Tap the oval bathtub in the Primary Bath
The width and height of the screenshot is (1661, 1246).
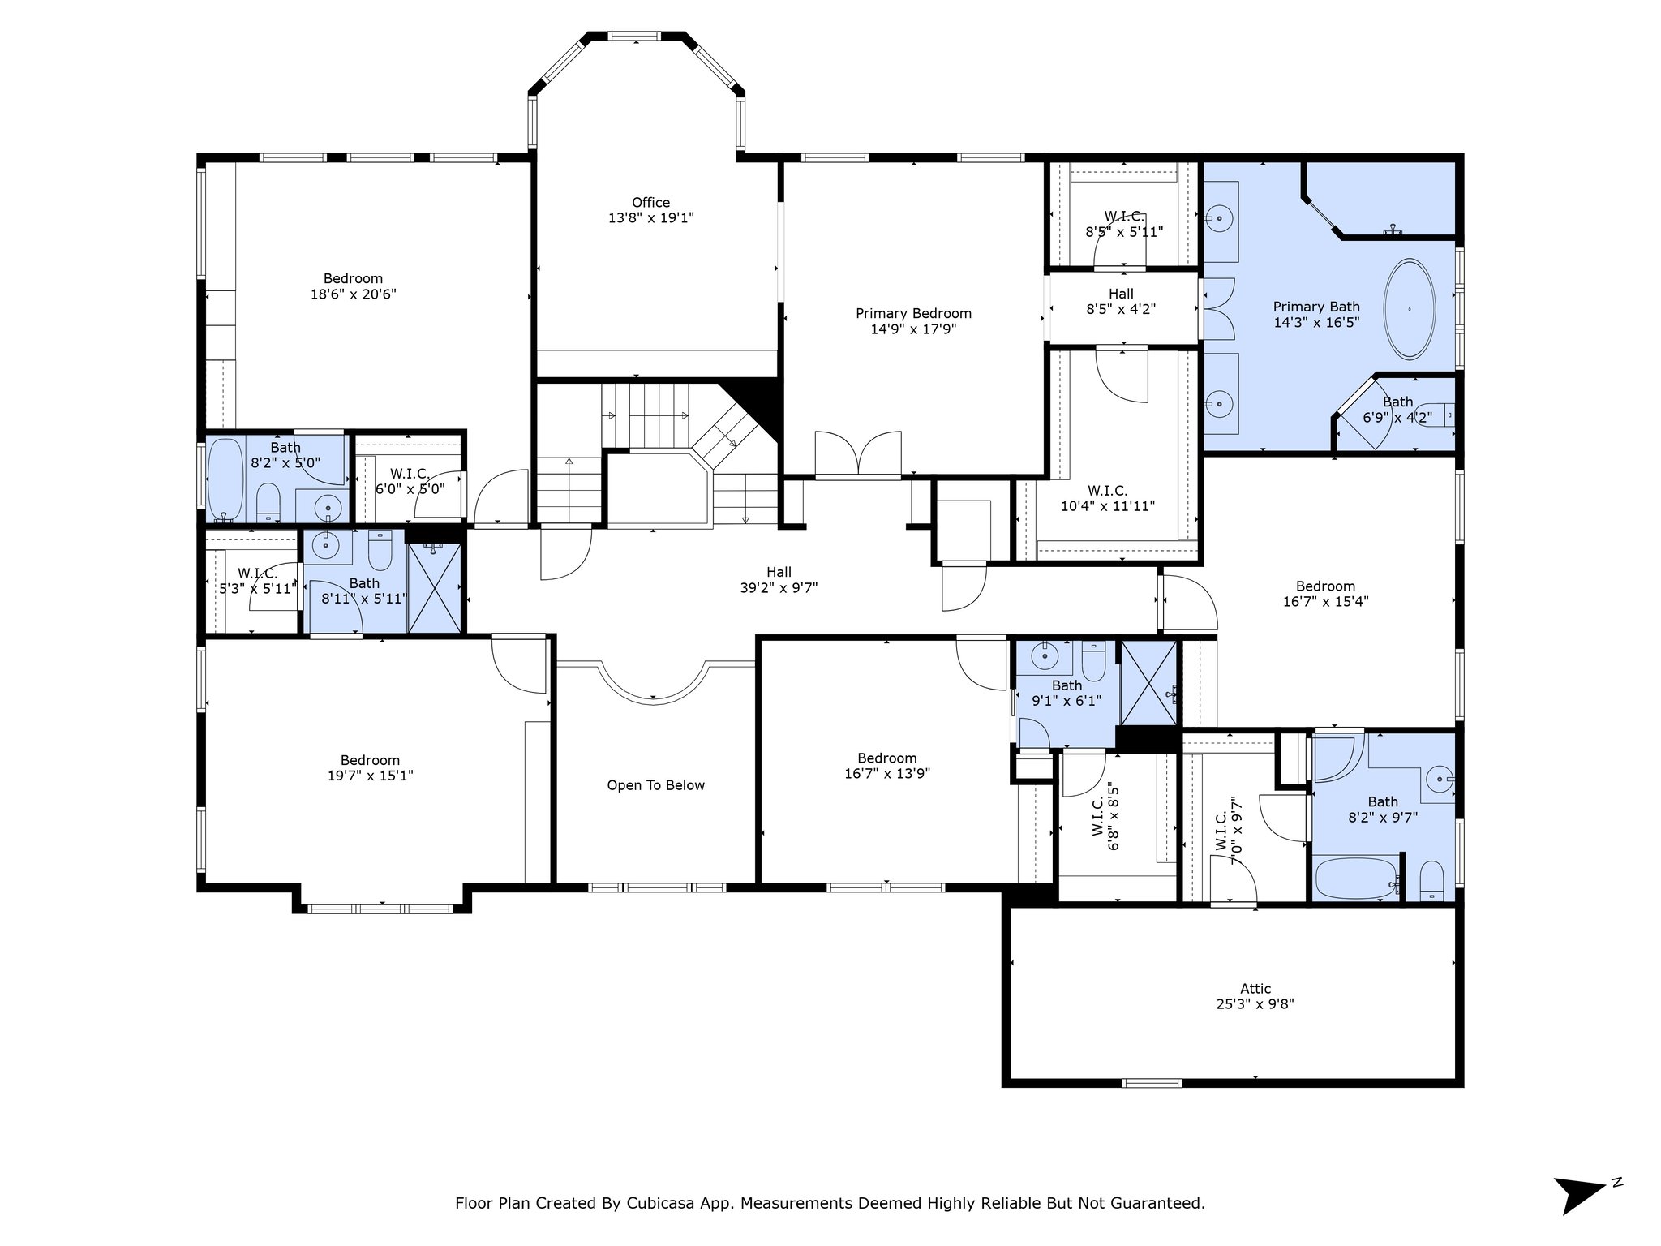(x=1409, y=309)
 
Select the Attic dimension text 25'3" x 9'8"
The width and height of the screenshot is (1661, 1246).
(x=1255, y=1003)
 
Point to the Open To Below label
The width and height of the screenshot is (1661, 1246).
(x=655, y=785)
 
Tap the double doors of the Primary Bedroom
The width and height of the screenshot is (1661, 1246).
(x=858, y=453)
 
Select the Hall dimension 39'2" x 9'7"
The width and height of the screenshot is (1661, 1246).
(x=779, y=588)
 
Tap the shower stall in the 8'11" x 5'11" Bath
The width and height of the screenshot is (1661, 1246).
(x=434, y=587)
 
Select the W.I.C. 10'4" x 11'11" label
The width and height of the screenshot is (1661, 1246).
(x=1108, y=498)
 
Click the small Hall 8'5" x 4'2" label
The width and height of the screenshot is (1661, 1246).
(x=1121, y=301)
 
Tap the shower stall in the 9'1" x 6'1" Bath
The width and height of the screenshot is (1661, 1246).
(x=1148, y=683)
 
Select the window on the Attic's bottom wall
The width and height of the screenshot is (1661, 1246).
(x=1152, y=1082)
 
